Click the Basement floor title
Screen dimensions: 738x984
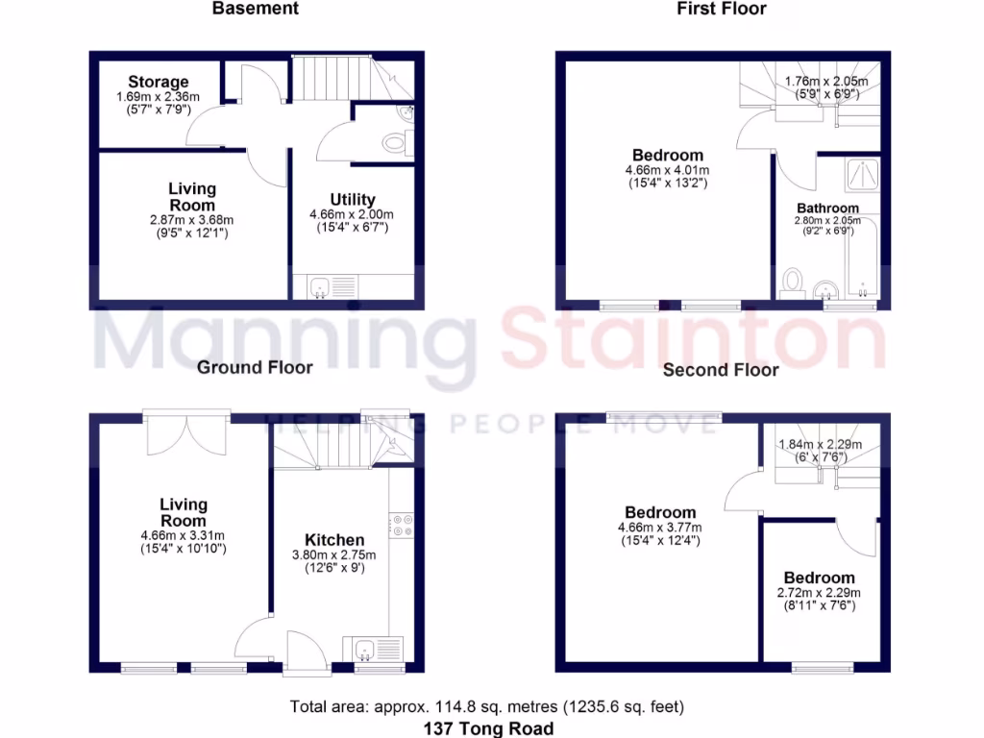click(256, 9)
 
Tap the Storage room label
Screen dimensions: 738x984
click(159, 82)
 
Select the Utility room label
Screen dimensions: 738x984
click(353, 200)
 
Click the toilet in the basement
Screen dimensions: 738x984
click(395, 144)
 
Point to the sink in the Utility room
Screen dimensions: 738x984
click(321, 285)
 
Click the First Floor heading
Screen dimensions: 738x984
click(722, 9)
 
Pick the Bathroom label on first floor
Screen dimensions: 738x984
click(827, 208)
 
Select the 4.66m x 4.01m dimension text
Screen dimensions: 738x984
click(667, 169)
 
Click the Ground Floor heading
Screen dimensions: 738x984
click(255, 367)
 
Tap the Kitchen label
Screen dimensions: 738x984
click(334, 540)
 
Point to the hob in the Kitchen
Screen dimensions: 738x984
click(401, 525)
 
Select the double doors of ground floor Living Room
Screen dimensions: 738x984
click(187, 434)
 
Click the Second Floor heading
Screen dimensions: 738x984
click(721, 369)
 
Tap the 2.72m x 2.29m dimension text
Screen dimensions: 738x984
click(819, 593)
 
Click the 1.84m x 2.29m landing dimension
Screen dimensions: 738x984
click(821, 444)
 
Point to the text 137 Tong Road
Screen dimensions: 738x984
click(488, 727)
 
